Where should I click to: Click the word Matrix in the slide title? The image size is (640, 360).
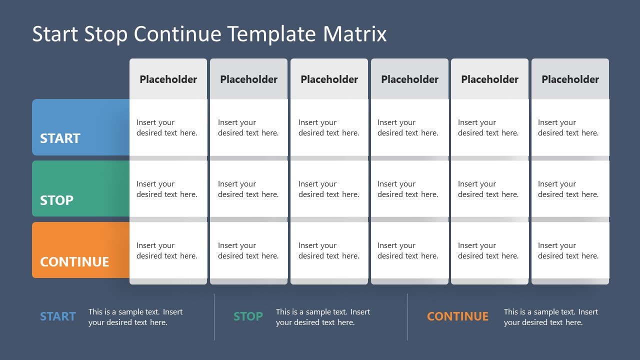[x=355, y=34]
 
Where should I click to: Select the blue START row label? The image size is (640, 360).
[x=80, y=127]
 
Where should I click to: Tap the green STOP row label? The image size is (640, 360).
[x=80, y=189]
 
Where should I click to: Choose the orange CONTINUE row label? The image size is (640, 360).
[x=80, y=250]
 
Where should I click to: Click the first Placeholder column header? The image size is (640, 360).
[x=168, y=79]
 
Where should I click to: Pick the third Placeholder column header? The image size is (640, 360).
[x=329, y=79]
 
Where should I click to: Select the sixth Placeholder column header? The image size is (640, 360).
[x=570, y=79]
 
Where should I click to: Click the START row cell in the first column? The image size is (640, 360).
[x=168, y=127]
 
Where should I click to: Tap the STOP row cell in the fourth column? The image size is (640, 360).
[x=409, y=189]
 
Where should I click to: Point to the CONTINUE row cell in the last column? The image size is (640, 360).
[x=570, y=250]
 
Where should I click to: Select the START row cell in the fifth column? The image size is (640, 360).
[x=489, y=127]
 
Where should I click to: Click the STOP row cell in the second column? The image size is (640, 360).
[x=248, y=189]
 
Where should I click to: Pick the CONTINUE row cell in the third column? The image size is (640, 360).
[x=329, y=250]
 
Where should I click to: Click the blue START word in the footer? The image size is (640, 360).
[x=58, y=316]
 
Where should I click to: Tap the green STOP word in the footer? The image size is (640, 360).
[x=248, y=316]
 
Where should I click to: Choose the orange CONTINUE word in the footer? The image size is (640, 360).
[x=457, y=316]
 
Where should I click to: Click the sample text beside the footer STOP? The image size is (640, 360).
[x=323, y=317]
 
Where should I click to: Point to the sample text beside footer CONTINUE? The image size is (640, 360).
[x=550, y=317]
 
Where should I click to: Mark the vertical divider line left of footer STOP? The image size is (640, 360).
[x=214, y=317]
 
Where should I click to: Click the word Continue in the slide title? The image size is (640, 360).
[x=177, y=34]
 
